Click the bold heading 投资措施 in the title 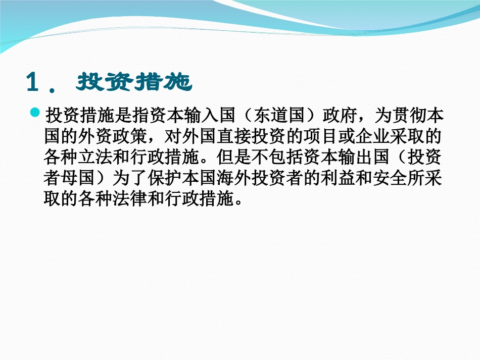[x=134, y=82]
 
